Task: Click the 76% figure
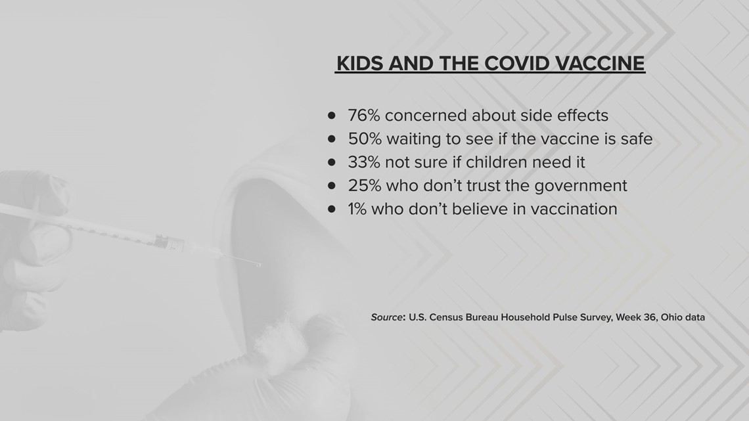[x=363, y=116]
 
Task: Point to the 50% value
[x=365, y=139]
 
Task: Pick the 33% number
[x=363, y=162]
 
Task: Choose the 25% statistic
[x=364, y=186]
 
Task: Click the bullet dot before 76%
[x=332, y=115]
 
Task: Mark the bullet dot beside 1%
[x=332, y=209]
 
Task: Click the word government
[x=580, y=187]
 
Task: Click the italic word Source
[x=386, y=317]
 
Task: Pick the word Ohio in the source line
[x=671, y=317]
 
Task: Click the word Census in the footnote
[x=445, y=317]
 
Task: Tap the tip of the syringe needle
[x=260, y=265]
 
